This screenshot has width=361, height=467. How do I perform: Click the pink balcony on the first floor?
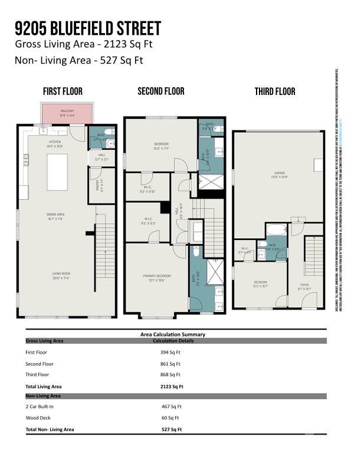pyautogui.click(x=67, y=113)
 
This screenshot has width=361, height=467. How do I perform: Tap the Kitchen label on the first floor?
pyautogui.click(x=55, y=142)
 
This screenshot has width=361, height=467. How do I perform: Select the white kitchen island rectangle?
pyautogui.click(x=57, y=172)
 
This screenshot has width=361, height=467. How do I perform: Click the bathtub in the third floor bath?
pyautogui.click(x=276, y=229)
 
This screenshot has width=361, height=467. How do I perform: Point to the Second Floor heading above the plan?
pyautogui.click(x=161, y=91)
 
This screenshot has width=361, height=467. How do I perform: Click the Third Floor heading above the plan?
pyautogui.click(x=275, y=91)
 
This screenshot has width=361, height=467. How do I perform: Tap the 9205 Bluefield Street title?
pyautogui.click(x=88, y=29)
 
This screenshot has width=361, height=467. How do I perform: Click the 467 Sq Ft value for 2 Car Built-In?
pyautogui.click(x=172, y=407)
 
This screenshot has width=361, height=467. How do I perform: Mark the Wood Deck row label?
pyautogui.click(x=39, y=417)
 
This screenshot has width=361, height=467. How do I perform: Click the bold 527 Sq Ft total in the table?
pyautogui.click(x=172, y=429)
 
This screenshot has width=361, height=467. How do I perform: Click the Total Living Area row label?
pyautogui.click(x=44, y=386)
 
